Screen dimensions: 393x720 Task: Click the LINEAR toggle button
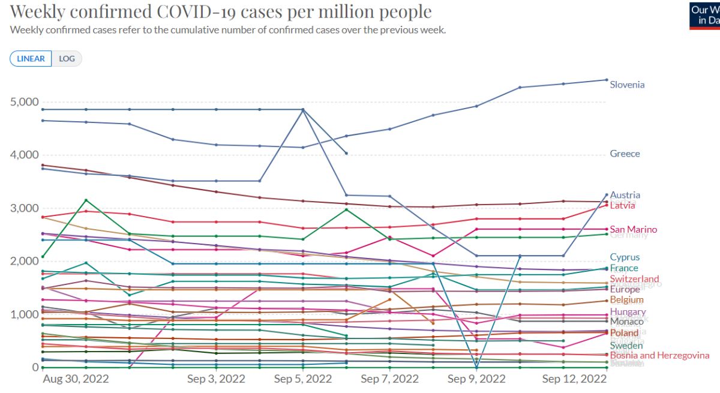[x=31, y=59]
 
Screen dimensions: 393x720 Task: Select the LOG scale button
[x=67, y=59]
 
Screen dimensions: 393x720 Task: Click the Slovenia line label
[x=627, y=85]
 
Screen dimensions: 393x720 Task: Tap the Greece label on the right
[x=625, y=154]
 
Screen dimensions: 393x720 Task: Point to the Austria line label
[x=625, y=195]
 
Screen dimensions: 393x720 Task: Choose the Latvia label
[x=622, y=206]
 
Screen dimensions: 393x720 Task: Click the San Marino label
[x=633, y=229]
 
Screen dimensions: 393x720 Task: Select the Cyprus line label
[x=625, y=257]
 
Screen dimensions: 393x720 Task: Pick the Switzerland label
[x=634, y=279]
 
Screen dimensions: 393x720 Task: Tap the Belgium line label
[x=626, y=300]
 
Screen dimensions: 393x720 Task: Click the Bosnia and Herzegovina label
[x=659, y=355]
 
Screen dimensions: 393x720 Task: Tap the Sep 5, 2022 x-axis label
[x=303, y=379]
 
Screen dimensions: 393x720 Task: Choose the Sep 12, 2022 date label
[x=574, y=379]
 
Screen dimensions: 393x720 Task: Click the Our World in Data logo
[x=704, y=15]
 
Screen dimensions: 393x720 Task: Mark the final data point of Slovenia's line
[x=606, y=80]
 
